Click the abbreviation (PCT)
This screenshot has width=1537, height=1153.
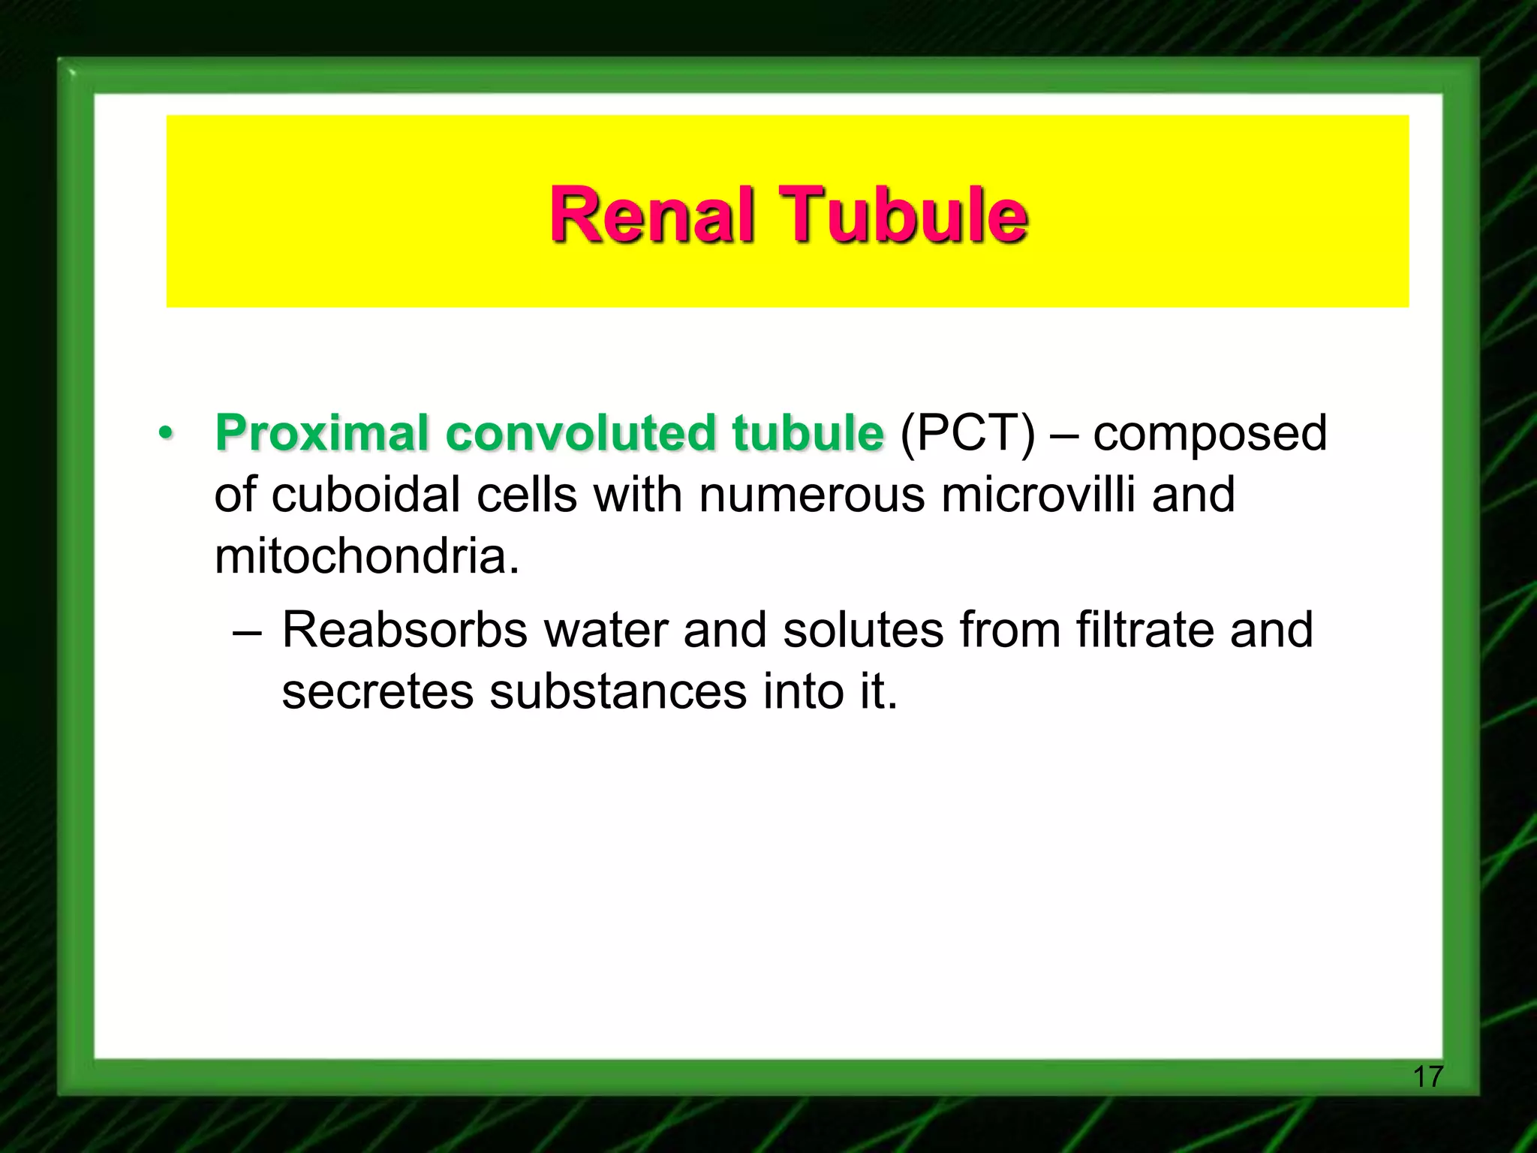click(967, 433)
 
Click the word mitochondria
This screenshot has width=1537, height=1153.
click(367, 556)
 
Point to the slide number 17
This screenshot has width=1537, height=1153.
click(1427, 1076)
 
